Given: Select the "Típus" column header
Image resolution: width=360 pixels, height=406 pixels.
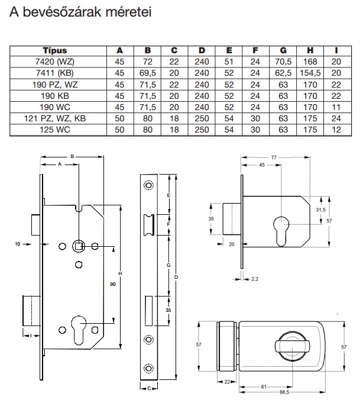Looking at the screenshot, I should point(55,51).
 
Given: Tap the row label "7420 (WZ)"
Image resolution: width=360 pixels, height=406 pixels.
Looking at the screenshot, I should point(55,62).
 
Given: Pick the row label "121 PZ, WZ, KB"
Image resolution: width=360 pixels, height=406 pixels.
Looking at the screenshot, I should point(55,118).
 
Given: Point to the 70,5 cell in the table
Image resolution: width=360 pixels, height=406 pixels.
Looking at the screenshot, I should point(284,62).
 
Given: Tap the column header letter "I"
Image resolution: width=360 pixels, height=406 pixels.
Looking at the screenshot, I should point(336,51).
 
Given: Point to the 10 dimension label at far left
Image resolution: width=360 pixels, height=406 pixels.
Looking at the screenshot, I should point(18,243).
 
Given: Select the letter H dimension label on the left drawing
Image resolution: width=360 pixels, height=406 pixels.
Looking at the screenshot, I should point(121,273).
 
